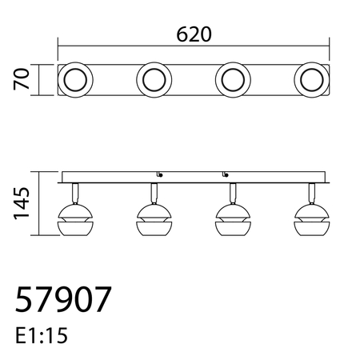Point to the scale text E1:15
[x=42, y=334]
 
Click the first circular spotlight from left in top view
[x=77, y=79]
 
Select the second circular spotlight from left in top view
[x=154, y=79]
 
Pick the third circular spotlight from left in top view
[x=232, y=79]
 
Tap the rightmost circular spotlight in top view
[x=310, y=79]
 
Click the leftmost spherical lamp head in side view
[x=77, y=219]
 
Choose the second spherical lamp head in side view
[x=154, y=219]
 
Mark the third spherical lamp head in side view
[x=232, y=219]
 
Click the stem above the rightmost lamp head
[x=310, y=192]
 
